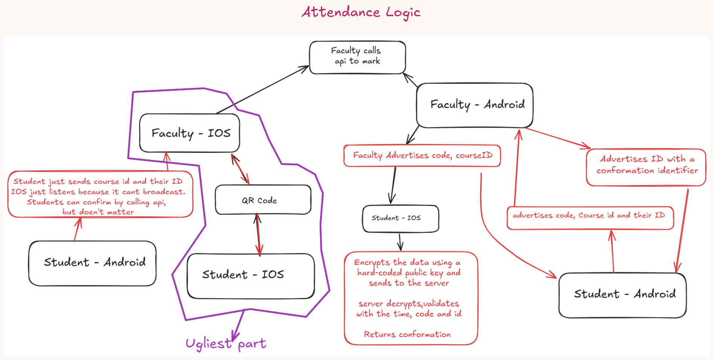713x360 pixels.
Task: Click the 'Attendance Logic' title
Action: coord(361,12)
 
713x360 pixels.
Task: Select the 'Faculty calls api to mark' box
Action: coord(357,57)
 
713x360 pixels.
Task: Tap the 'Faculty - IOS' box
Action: coord(190,133)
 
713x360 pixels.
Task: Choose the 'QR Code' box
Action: coord(262,200)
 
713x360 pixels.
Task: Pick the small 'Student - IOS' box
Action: coord(400,218)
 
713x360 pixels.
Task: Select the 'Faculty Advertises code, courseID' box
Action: coord(422,156)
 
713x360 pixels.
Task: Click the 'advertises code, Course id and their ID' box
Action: coord(589,217)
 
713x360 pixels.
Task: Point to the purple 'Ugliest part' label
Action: coord(226,343)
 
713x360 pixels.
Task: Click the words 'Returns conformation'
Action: coord(407,334)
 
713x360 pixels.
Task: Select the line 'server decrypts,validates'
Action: coord(408,304)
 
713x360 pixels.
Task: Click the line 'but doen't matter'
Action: coord(98,212)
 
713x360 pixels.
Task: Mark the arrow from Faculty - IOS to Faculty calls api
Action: coord(264,89)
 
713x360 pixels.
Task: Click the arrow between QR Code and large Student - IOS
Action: coord(258,233)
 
